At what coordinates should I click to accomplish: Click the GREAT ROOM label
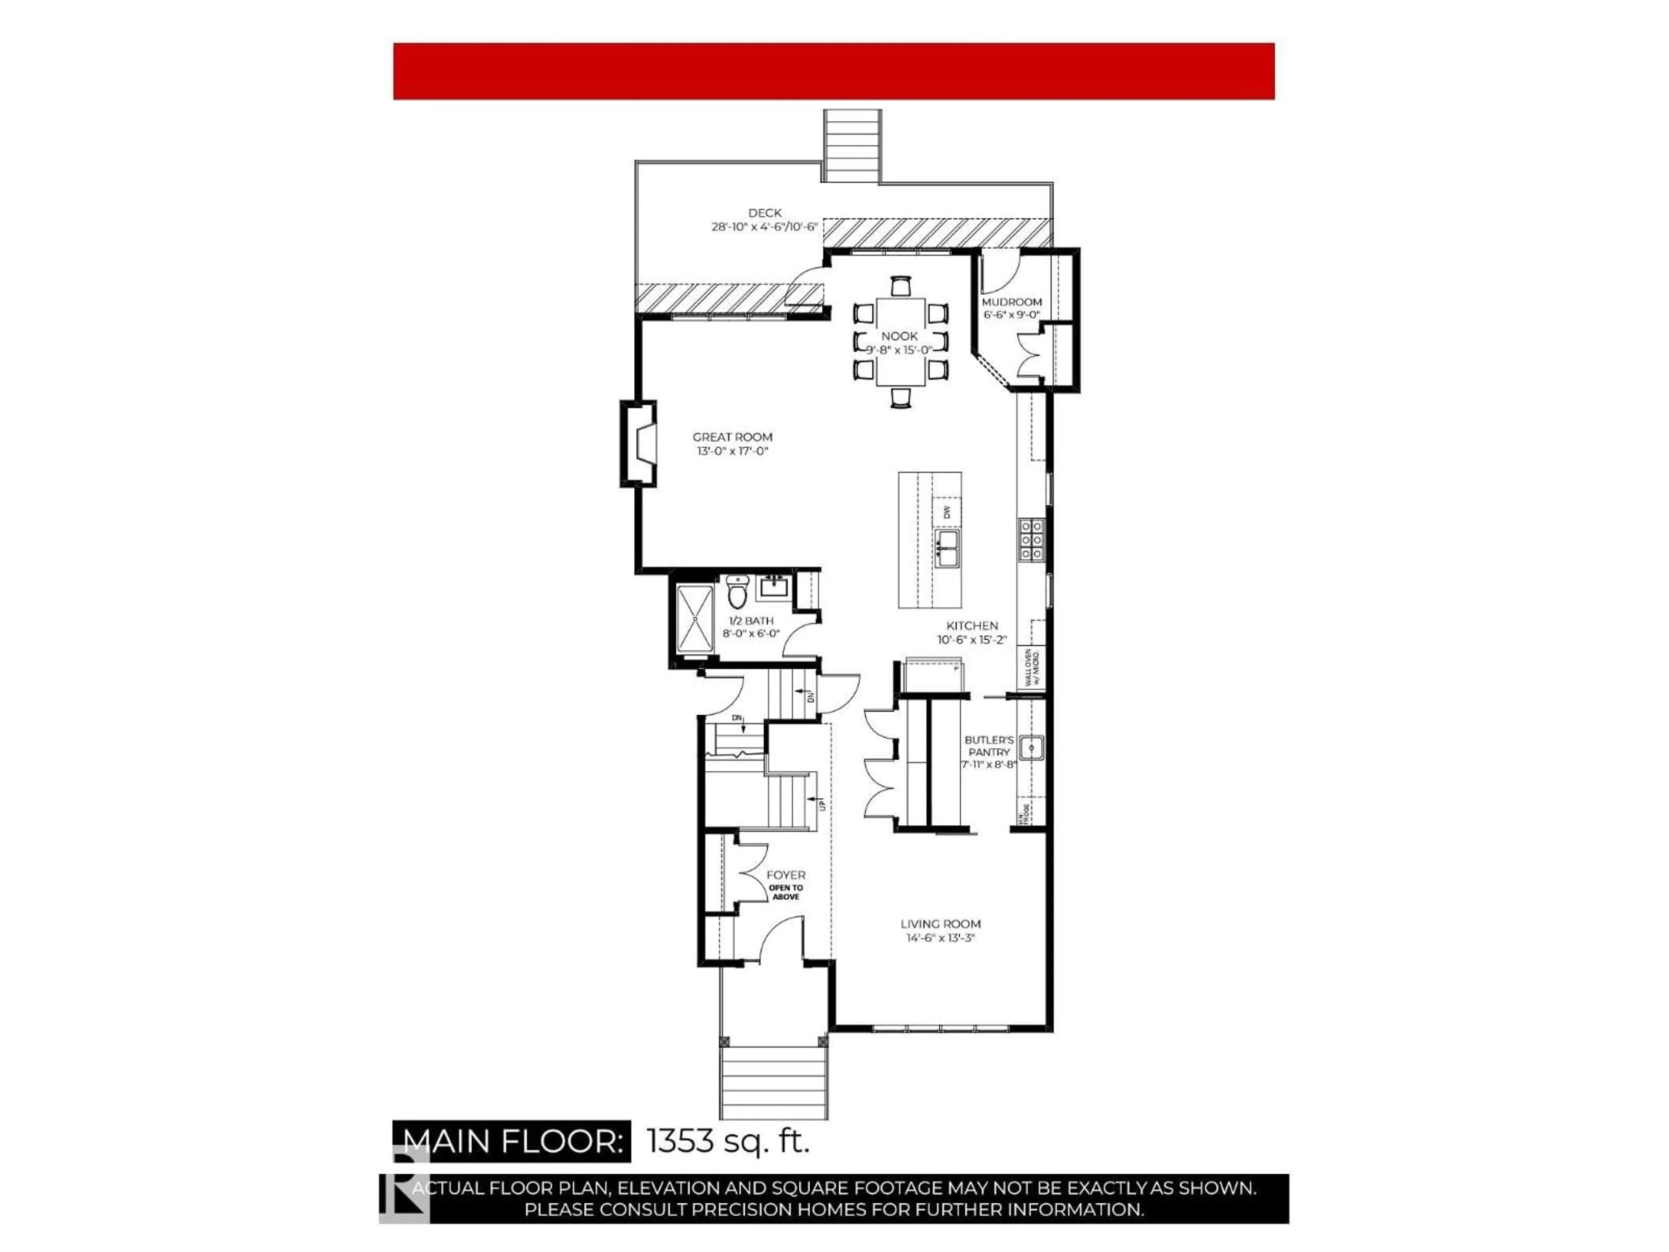(x=732, y=437)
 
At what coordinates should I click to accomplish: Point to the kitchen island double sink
(x=947, y=548)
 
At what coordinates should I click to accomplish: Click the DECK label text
(x=765, y=213)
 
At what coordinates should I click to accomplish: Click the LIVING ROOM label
(x=940, y=924)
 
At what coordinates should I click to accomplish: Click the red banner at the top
(x=833, y=71)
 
